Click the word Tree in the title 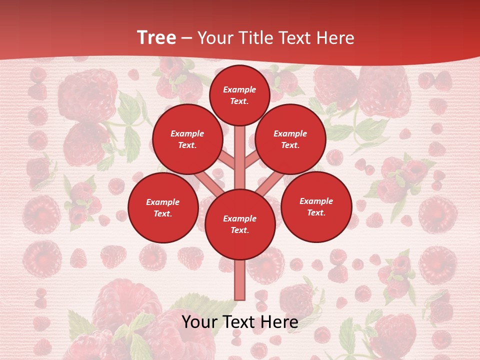point(156,38)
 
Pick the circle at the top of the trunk point(239,95)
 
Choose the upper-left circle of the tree point(187,139)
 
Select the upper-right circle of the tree point(290,139)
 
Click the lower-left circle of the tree point(163,208)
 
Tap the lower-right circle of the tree point(316,207)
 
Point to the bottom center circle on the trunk point(240,224)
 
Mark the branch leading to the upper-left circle point(226,161)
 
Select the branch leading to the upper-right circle point(252,161)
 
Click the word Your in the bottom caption point(199,322)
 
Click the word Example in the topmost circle point(239,90)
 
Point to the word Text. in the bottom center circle point(239,230)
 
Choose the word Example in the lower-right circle point(316,201)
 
